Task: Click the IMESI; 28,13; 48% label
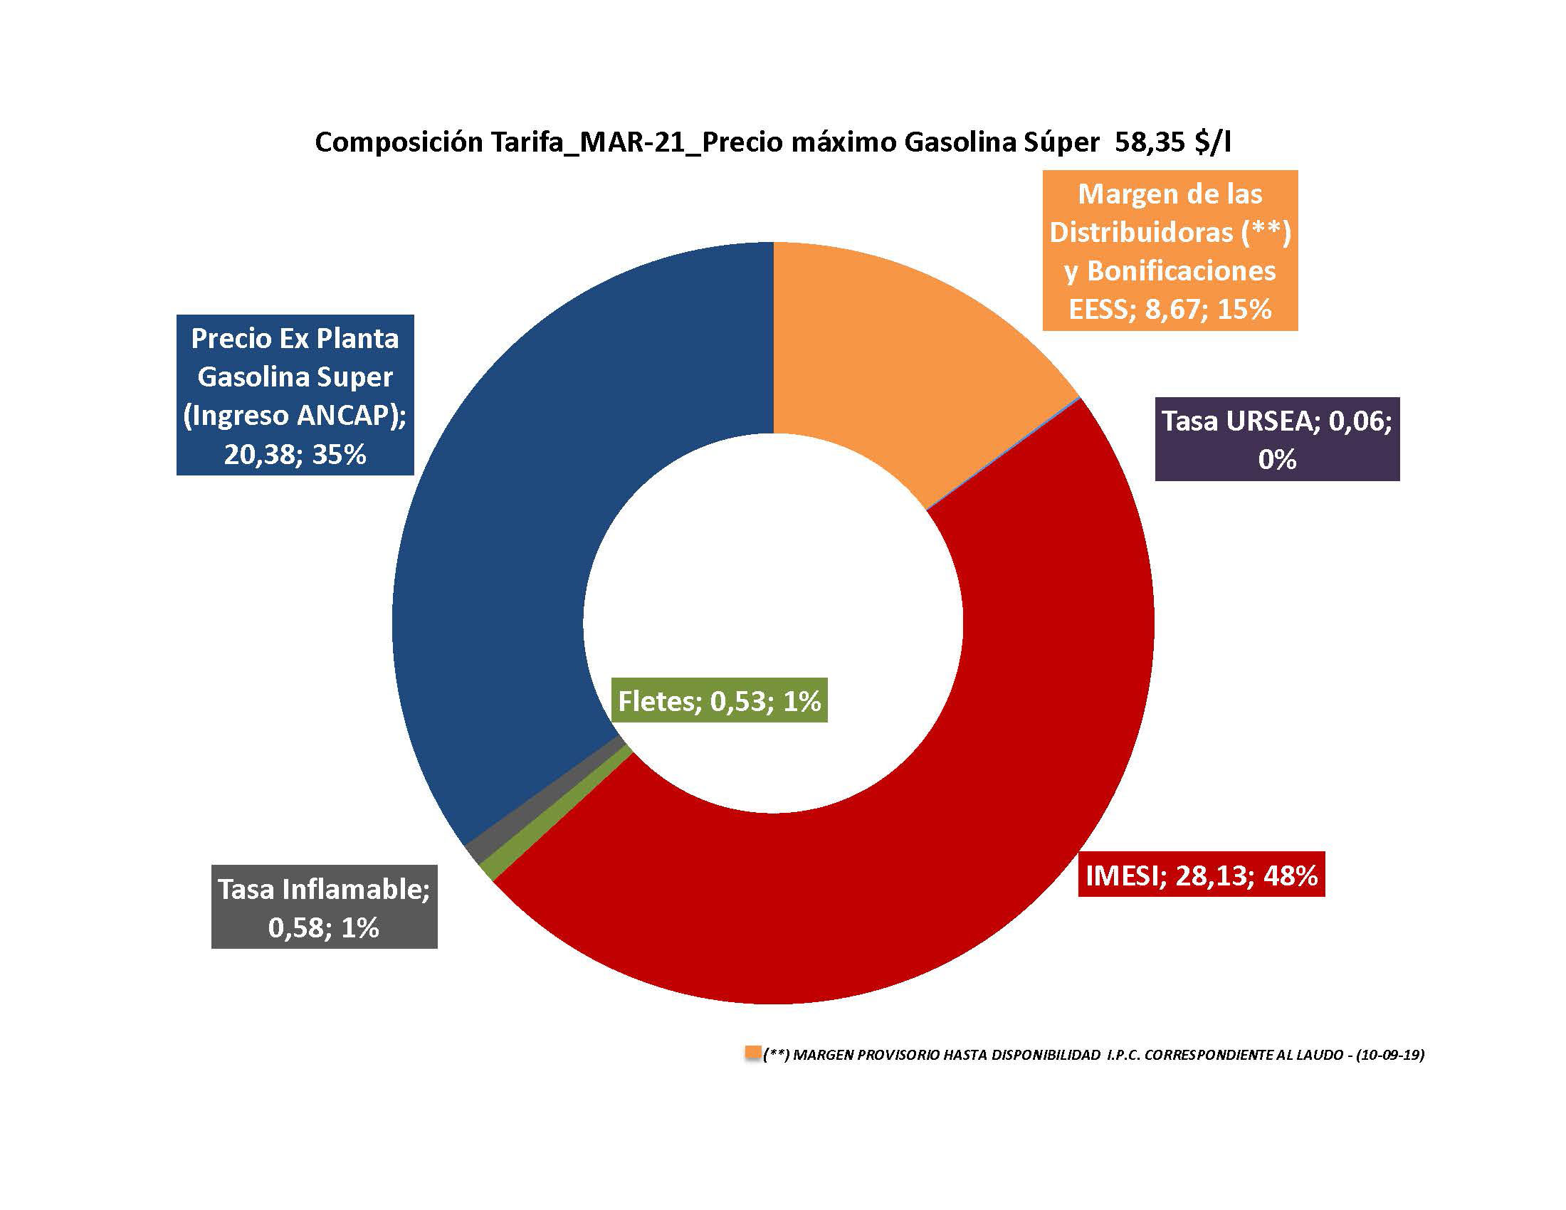(x=1201, y=875)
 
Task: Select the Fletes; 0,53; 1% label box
(x=719, y=700)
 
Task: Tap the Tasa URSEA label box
(x=1276, y=438)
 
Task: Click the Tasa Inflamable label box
(x=324, y=907)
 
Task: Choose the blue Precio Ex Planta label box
(x=295, y=395)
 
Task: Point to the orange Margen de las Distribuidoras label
(x=1170, y=250)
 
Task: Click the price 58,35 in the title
(x=1150, y=142)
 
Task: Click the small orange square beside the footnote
(x=753, y=1053)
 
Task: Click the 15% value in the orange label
(x=1245, y=309)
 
